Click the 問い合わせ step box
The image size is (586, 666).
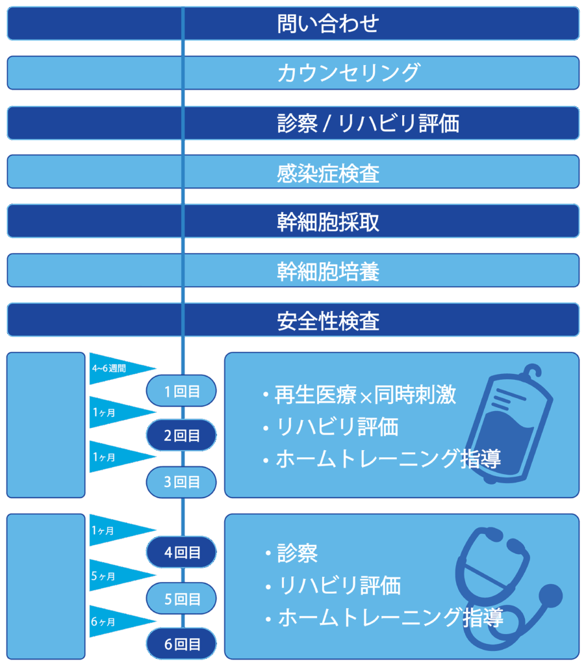pos(292,23)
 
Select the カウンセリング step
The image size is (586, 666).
pos(292,73)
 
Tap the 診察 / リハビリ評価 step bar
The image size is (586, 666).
pos(292,123)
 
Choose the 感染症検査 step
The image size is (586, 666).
pos(292,172)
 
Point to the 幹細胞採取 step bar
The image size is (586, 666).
pos(292,222)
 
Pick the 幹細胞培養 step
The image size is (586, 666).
pos(292,271)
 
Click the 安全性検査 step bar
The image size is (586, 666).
pos(292,320)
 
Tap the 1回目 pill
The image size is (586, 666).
pos(181,391)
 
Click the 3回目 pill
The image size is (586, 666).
pos(181,482)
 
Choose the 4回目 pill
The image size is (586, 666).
pos(181,552)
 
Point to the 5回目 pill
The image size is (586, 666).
pos(181,598)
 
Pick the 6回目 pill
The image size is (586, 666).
pos(181,645)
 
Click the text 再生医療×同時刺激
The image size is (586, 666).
pos(364,395)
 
